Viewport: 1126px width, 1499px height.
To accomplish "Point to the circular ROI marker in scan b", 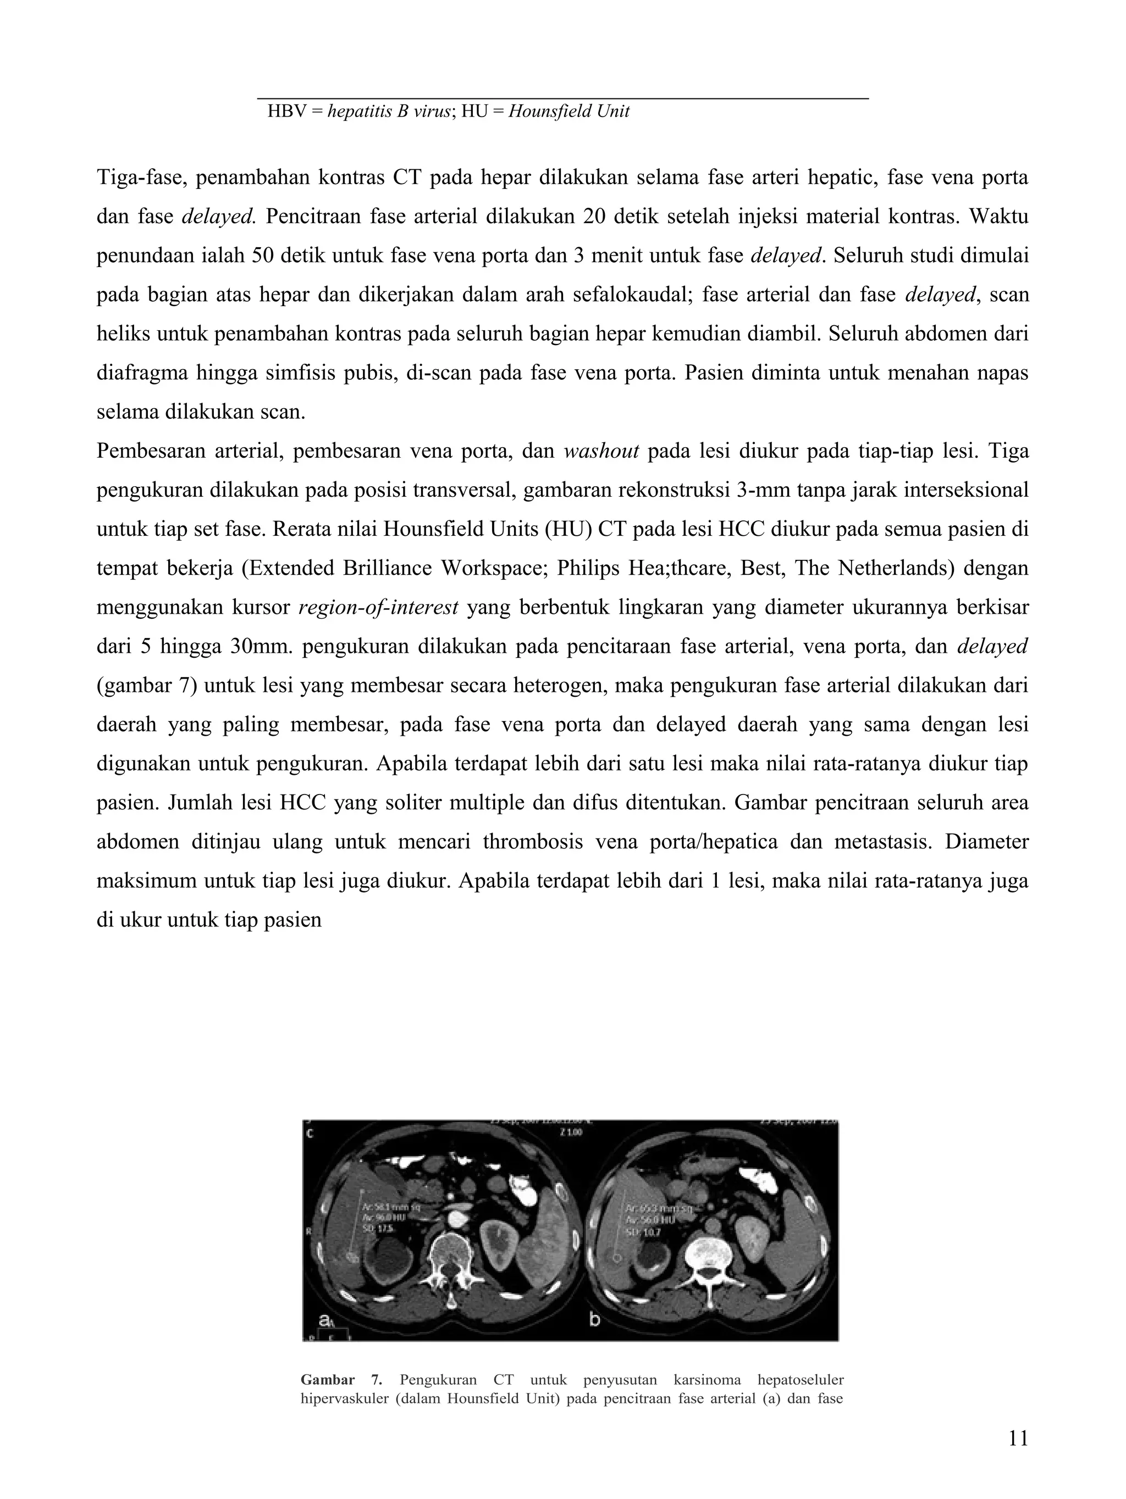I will pyautogui.click(x=616, y=1258).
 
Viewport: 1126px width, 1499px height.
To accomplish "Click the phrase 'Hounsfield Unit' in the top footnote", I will pyautogui.click(x=568, y=111).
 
